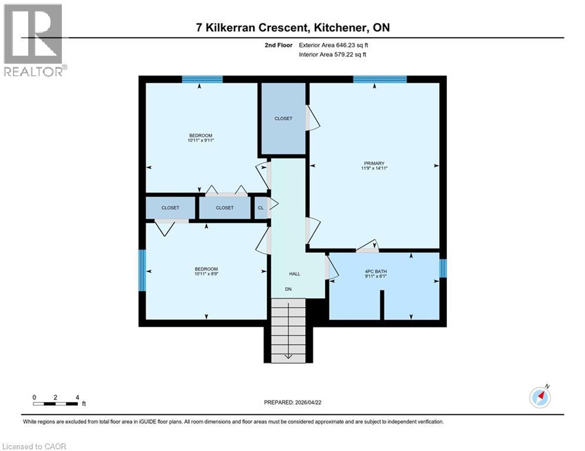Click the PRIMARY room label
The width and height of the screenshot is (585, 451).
(374, 163)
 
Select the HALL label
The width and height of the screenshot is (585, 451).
(295, 274)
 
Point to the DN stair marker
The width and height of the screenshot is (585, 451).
(289, 290)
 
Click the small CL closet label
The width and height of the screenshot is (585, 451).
(261, 207)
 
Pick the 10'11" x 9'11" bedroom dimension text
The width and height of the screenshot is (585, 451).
(200, 140)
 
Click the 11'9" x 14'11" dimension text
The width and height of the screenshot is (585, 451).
(374, 169)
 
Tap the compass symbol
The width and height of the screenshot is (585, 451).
(540, 397)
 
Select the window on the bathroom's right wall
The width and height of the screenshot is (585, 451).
(443, 268)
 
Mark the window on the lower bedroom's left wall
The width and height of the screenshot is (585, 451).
(142, 270)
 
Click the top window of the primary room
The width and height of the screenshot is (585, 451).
(380, 79)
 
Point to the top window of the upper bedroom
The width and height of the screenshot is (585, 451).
(202, 79)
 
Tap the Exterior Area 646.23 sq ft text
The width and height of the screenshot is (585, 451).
(335, 45)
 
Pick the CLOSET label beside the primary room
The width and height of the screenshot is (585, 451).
(283, 119)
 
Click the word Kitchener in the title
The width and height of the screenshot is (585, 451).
(340, 28)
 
